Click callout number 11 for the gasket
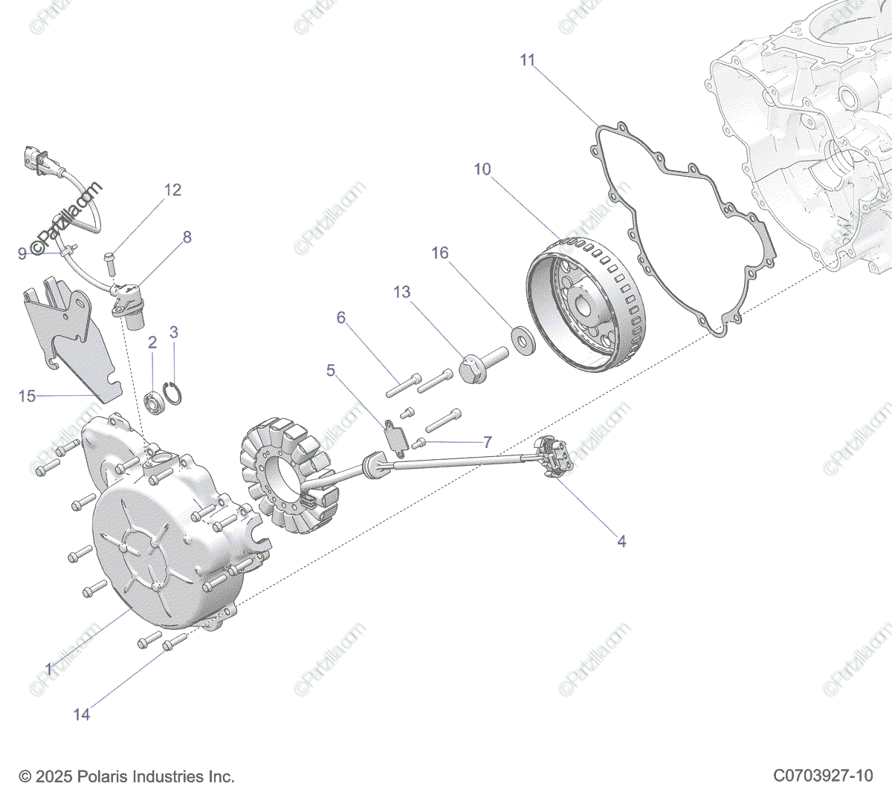527,60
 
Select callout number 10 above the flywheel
482,169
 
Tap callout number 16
440,253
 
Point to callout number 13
401,292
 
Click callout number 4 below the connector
621,542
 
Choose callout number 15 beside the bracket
27,396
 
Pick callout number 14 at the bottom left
81,714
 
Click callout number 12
172,190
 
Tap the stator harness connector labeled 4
556,455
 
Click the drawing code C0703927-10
823,776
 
